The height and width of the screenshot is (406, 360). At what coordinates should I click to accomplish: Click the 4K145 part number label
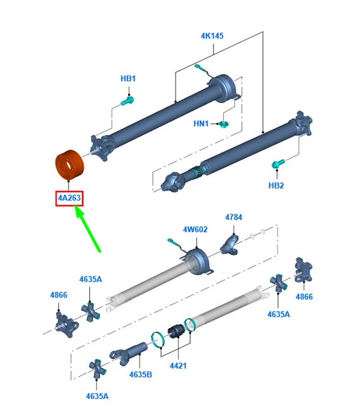coord(212,36)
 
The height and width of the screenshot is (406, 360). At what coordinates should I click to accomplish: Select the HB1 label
coord(128,79)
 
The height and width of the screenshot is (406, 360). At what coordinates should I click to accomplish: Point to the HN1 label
coord(201,124)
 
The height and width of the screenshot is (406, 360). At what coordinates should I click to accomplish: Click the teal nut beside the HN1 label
coord(224,123)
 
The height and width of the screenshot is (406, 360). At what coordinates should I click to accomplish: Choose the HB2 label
coord(276,185)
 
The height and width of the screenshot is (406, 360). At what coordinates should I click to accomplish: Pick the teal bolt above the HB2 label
coord(277,164)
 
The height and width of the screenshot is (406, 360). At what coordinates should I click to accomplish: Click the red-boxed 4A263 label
coord(69,199)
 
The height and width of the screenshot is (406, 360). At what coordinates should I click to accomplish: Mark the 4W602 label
coord(195,230)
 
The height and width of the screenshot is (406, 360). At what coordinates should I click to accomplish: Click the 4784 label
coord(233,218)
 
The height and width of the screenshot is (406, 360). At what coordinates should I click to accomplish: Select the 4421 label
coord(179,365)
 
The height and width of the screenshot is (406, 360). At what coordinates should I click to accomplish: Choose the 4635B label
coord(141,374)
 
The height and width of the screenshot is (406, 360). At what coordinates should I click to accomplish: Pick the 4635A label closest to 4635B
coord(97,396)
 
